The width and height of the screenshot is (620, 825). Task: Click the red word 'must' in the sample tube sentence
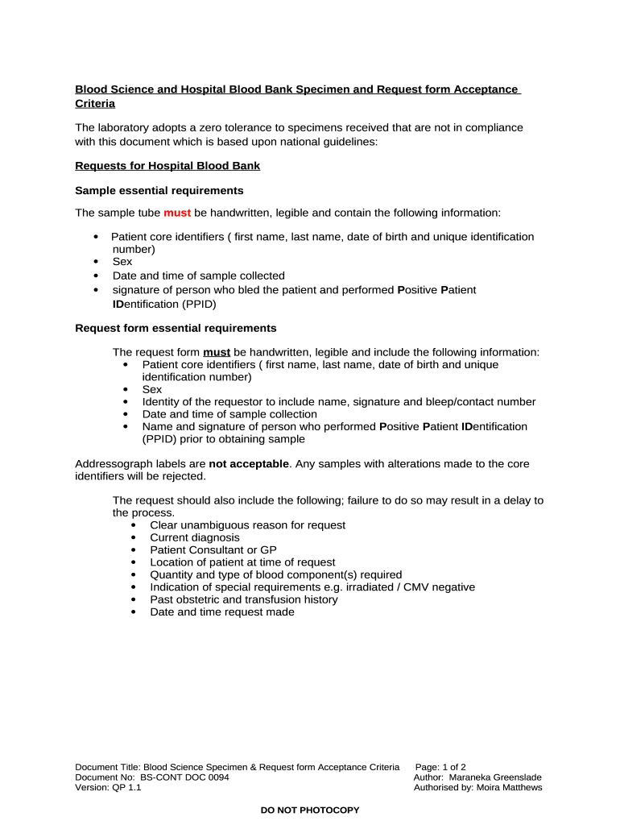point(177,213)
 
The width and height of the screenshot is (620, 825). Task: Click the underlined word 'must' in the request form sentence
point(217,352)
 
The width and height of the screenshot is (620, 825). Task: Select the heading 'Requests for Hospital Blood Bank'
point(167,166)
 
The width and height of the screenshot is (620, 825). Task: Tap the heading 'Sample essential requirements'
point(159,190)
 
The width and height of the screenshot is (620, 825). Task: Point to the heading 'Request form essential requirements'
point(176,328)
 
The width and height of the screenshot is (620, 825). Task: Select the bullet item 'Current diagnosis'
point(195,537)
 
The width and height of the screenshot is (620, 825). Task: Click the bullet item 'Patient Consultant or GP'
point(213,549)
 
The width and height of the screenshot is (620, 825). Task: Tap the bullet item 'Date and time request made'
point(222,611)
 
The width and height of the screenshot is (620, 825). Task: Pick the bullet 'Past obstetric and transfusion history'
point(244,599)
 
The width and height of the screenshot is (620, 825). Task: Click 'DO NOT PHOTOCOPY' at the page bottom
point(310,810)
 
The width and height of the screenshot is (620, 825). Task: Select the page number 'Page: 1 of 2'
point(440,767)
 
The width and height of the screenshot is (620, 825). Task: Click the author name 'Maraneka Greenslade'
point(495,777)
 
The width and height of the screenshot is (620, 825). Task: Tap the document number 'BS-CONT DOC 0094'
point(184,777)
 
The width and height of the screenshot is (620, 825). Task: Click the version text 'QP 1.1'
point(126,788)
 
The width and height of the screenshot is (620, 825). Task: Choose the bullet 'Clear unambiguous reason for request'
point(247,525)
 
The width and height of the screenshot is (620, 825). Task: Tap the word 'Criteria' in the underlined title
point(95,104)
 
